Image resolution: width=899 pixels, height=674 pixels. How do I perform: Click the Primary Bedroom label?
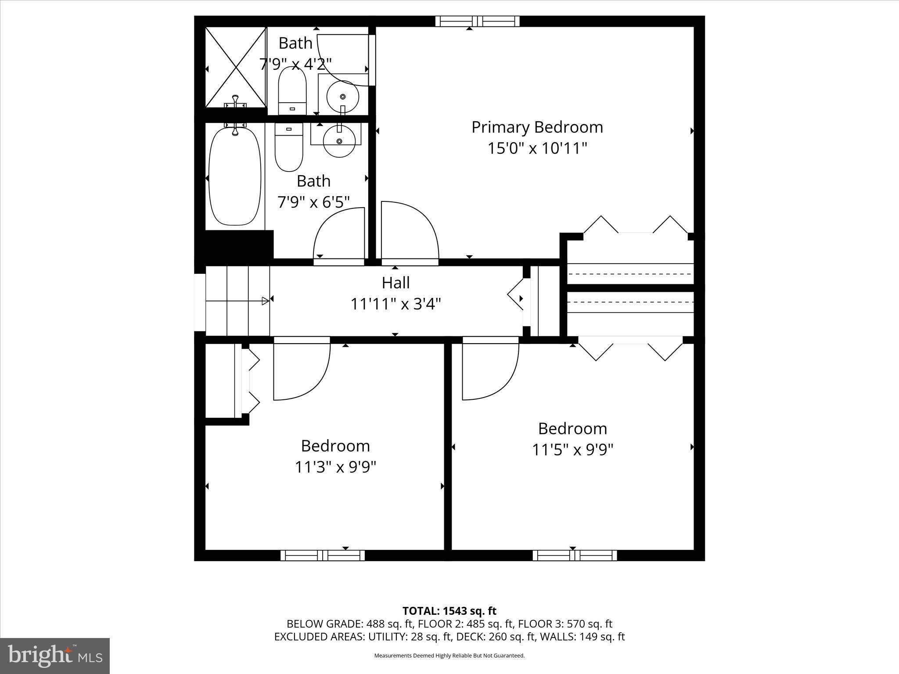(x=537, y=127)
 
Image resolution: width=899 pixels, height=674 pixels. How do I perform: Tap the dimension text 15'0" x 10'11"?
(x=537, y=148)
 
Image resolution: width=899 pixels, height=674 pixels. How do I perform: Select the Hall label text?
(x=396, y=283)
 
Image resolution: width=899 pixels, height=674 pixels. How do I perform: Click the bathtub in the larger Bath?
(x=234, y=176)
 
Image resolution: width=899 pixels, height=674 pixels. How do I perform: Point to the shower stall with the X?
(x=236, y=68)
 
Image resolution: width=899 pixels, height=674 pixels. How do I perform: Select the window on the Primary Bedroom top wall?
(x=477, y=21)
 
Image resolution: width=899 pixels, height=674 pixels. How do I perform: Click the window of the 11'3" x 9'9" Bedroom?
(x=323, y=556)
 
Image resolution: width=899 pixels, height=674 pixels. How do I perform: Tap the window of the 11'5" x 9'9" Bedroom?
(x=575, y=556)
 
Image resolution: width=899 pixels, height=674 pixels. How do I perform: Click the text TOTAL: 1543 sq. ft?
(x=449, y=611)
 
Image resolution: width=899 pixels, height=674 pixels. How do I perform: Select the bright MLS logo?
(x=55, y=656)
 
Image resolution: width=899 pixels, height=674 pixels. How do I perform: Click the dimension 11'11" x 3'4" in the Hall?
(x=396, y=304)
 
